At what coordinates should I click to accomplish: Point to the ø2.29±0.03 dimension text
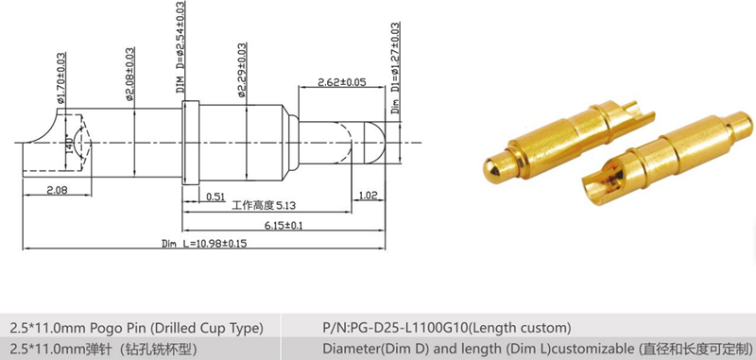(243, 71)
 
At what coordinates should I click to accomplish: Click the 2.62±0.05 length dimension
(341, 82)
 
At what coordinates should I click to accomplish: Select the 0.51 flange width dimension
(215, 197)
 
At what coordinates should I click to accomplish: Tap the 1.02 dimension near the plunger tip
(369, 197)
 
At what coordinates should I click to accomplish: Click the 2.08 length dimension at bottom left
(58, 192)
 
